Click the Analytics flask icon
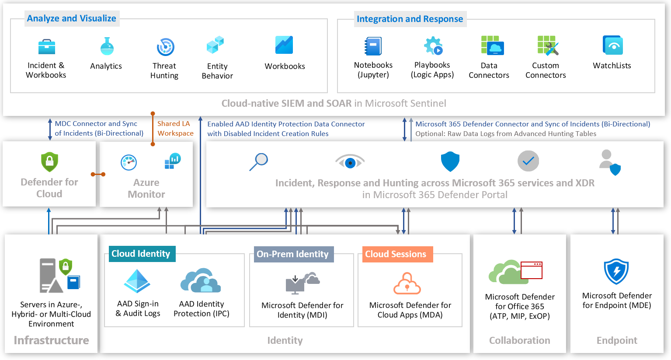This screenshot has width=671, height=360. click(x=107, y=46)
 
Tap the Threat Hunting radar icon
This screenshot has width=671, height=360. click(x=165, y=47)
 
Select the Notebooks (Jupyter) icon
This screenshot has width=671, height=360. click(x=373, y=46)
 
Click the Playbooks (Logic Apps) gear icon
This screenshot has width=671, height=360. click(x=433, y=45)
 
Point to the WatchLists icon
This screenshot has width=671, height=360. click(x=612, y=45)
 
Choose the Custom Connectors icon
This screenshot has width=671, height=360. click(x=548, y=45)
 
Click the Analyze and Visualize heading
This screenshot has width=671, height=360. click(x=72, y=18)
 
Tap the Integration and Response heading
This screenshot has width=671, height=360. click(x=410, y=19)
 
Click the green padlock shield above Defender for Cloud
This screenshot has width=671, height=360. click(x=49, y=162)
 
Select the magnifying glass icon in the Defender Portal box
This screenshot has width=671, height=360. click(x=259, y=162)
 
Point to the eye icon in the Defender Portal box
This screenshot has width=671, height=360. click(x=350, y=162)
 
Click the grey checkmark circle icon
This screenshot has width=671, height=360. click(x=528, y=161)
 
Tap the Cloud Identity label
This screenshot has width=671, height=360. click(x=141, y=254)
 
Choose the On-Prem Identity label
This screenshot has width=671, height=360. click(x=293, y=254)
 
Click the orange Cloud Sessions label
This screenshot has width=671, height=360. click(x=396, y=254)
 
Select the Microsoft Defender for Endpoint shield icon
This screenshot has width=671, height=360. click(x=616, y=271)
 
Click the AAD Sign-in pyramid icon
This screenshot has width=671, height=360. click(x=137, y=281)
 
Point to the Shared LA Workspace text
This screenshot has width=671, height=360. click(x=175, y=128)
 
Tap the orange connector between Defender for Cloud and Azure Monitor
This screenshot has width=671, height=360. click(x=98, y=174)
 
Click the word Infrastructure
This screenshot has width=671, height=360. click(x=51, y=340)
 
